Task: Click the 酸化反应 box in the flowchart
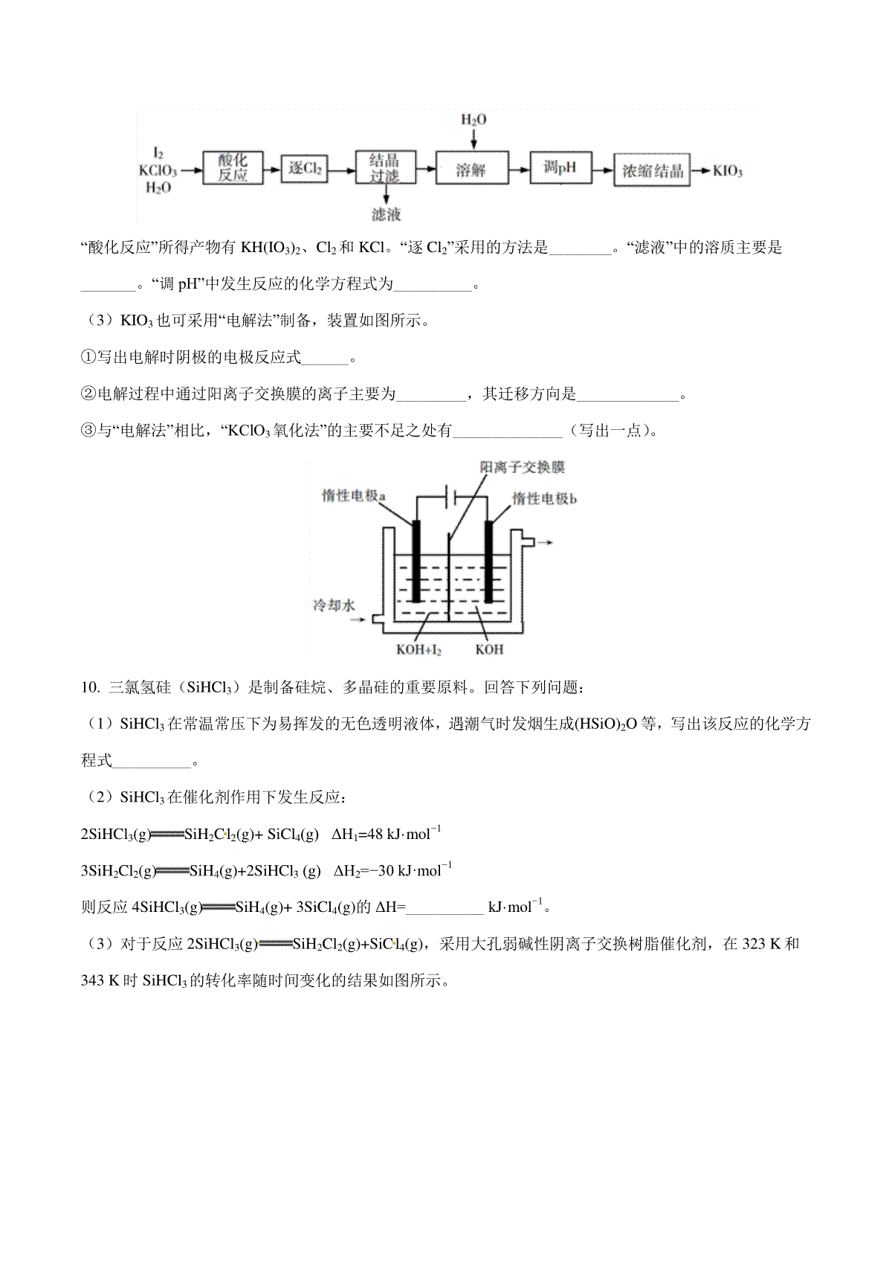pos(233,170)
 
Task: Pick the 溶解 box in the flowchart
pos(471,170)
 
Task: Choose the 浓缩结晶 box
pos(652,170)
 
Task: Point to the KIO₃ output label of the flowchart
pos(727,171)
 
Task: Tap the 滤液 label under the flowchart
pos(386,215)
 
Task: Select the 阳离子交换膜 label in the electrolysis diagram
pos(523,467)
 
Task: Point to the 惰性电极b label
pos(544,498)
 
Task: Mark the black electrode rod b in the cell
pos(490,562)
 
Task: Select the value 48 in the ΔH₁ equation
pos(375,835)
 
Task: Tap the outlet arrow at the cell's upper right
pos(544,542)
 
